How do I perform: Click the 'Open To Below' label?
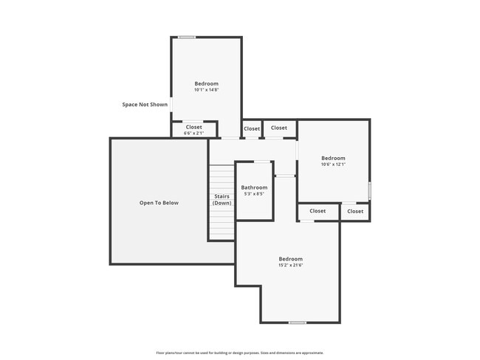click(x=160, y=203)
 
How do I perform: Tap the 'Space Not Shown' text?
click(x=145, y=105)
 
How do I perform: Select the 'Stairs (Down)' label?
click(x=222, y=199)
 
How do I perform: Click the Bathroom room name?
click(x=254, y=187)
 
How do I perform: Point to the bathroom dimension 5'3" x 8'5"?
click(x=254, y=194)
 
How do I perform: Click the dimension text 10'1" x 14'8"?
click(x=206, y=90)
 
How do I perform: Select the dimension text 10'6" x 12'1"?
click(x=333, y=165)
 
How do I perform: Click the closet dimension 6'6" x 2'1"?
click(x=193, y=133)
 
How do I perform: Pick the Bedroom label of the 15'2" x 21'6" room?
click(x=290, y=259)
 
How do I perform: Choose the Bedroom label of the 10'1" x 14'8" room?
click(x=206, y=83)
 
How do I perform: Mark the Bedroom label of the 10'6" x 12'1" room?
click(x=333, y=158)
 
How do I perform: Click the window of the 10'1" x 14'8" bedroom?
click(x=187, y=38)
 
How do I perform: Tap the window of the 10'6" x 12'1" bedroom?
click(x=369, y=190)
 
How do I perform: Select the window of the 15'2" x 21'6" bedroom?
click(x=297, y=322)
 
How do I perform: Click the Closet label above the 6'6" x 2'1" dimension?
click(x=193, y=127)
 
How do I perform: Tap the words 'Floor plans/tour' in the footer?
click(x=168, y=353)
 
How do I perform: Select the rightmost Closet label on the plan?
click(x=355, y=211)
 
